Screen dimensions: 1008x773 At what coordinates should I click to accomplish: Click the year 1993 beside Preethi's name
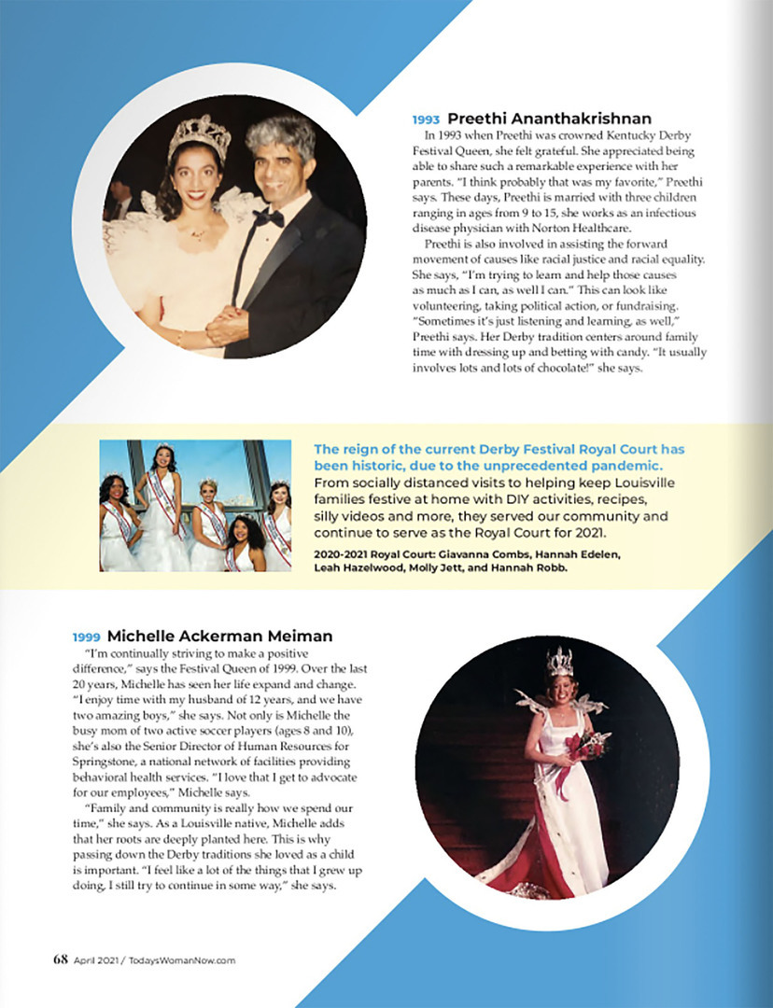click(427, 119)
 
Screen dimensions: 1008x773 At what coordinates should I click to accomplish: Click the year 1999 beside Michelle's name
click(86, 637)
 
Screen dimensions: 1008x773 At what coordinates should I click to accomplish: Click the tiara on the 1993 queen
click(199, 135)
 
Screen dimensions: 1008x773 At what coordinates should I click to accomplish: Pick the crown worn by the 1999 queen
click(559, 662)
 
